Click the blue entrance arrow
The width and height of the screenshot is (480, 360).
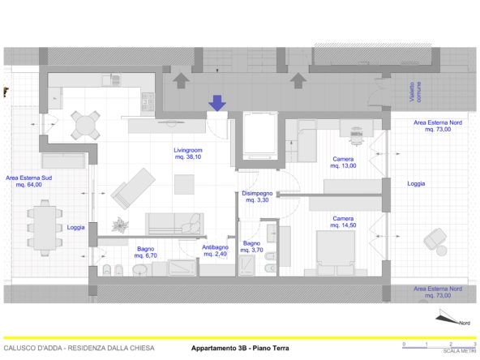pos(217,103)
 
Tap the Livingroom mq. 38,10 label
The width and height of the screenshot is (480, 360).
pos(188,153)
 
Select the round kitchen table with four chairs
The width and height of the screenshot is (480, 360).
pos(85,125)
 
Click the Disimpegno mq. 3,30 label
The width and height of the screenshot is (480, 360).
pos(257,196)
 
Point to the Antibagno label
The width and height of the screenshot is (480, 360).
pos(215,247)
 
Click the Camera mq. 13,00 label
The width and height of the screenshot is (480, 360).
pos(343,162)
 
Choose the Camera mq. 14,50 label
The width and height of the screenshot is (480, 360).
pos(343,221)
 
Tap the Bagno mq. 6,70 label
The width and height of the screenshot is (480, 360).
pos(146,252)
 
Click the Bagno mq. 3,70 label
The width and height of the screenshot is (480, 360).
pos(251,246)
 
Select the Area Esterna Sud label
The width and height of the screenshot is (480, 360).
pos(28,178)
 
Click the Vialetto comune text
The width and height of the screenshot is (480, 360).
pos(415,92)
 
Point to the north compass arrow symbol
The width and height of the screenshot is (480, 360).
pos(449,317)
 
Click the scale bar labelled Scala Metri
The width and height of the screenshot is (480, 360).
pos(439,347)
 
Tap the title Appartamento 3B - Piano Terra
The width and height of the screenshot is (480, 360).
pos(240,348)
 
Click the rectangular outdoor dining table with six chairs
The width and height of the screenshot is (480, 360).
pos(45,228)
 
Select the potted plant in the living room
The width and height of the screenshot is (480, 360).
pos(120,225)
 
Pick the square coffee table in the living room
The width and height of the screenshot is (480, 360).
pos(184,184)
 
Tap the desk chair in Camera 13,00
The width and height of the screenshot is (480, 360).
pos(356,136)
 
